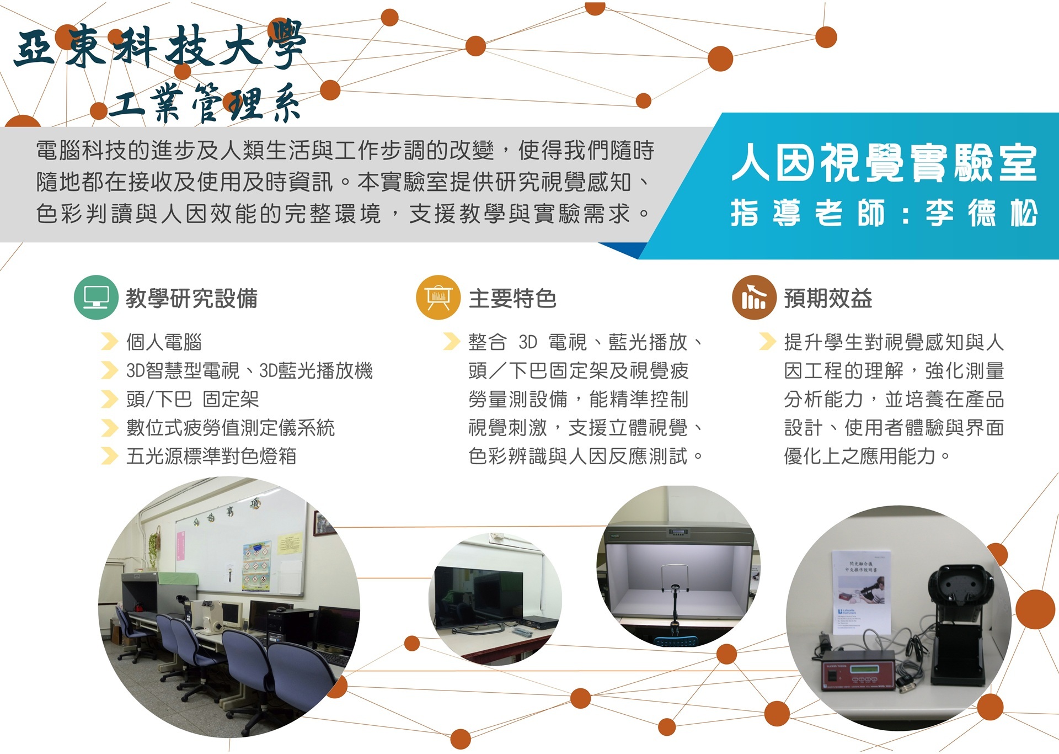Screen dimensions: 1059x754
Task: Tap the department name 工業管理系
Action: [x=205, y=104]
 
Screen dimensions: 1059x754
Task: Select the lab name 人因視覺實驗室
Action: [x=884, y=163]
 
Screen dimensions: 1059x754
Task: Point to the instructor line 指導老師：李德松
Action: [x=884, y=213]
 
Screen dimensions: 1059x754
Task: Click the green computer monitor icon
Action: [x=96, y=298]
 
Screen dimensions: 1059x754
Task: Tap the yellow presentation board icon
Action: [x=438, y=298]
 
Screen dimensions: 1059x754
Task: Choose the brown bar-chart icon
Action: [x=754, y=298]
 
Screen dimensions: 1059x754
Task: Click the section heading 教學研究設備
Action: [x=191, y=299]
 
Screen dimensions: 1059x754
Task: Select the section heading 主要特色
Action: [x=512, y=299]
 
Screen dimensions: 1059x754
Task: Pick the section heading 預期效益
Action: [x=828, y=299]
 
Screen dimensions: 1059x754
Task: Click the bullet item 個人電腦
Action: [x=164, y=342]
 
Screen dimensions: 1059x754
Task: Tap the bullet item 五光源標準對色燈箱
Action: [x=211, y=456]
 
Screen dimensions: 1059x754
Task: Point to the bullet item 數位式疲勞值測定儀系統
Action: [x=231, y=428]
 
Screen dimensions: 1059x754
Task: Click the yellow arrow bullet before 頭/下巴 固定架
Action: [x=110, y=399]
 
